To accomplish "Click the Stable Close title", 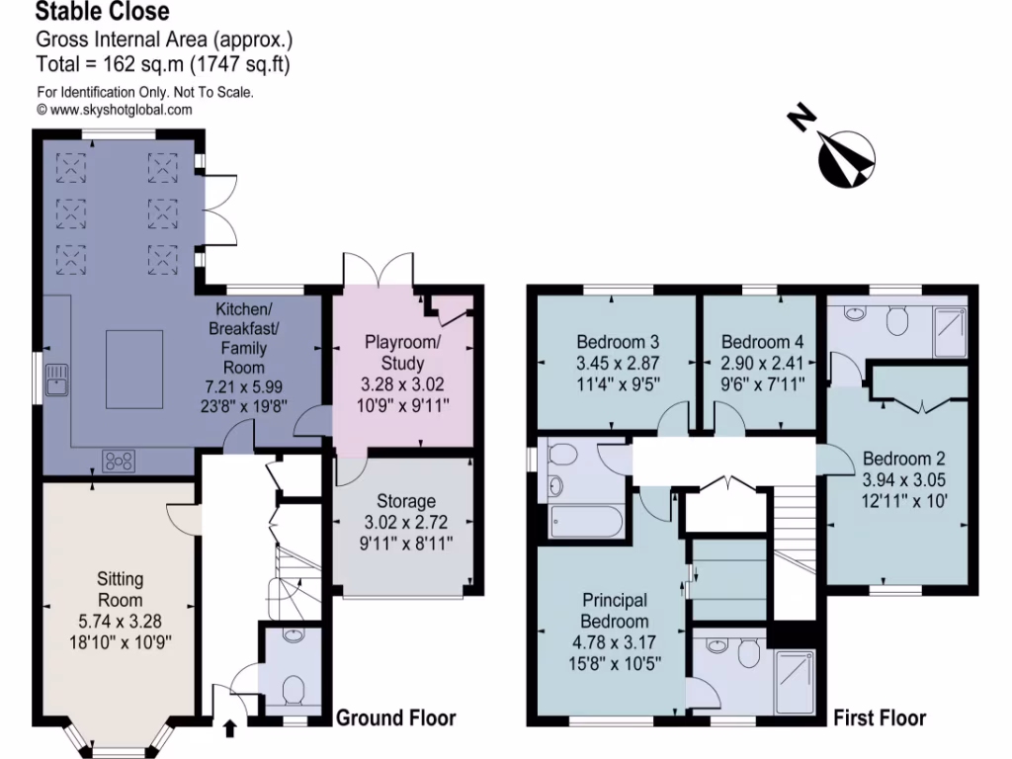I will coord(103,13).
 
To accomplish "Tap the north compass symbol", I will coord(845,156).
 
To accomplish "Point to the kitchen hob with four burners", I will coord(120,459).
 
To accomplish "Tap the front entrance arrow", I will coord(230,729).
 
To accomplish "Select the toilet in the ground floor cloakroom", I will coord(294,687).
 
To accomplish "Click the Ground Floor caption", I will coord(396,717).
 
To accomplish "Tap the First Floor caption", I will coord(879,717).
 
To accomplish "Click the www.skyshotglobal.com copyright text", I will coord(115,110).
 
